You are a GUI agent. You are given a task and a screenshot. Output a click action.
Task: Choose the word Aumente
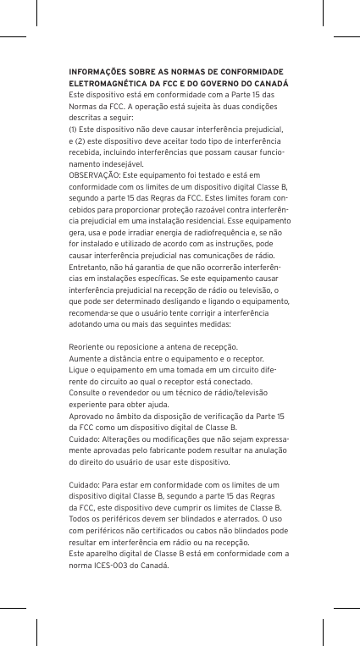click(x=86, y=358)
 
